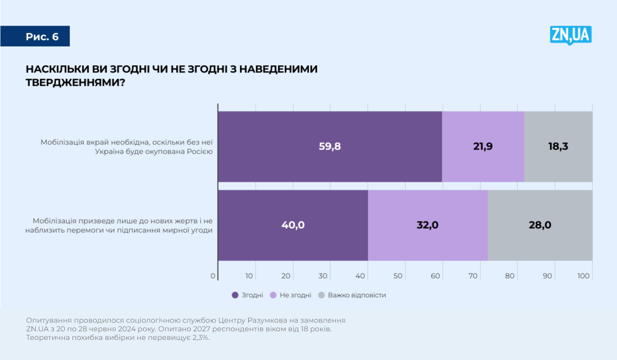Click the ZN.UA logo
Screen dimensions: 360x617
click(x=571, y=35)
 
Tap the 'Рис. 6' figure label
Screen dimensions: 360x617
click(x=42, y=37)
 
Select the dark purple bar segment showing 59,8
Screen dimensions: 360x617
click(x=330, y=146)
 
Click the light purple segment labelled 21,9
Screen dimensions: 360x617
click(x=483, y=146)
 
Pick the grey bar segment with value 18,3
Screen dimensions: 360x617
click(x=558, y=146)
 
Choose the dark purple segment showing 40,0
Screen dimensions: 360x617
click(x=293, y=225)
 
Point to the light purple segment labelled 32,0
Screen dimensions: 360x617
click(x=427, y=225)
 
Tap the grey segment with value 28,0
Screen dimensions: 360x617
click(x=540, y=225)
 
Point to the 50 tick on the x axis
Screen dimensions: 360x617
click(x=398, y=276)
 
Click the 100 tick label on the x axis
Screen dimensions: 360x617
click(x=584, y=276)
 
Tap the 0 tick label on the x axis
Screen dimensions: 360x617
click(x=213, y=276)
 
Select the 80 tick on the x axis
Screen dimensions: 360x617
click(x=510, y=276)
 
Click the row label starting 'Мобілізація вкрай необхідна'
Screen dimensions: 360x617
click(x=126, y=147)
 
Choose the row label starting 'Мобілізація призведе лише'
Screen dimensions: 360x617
click(x=119, y=225)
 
